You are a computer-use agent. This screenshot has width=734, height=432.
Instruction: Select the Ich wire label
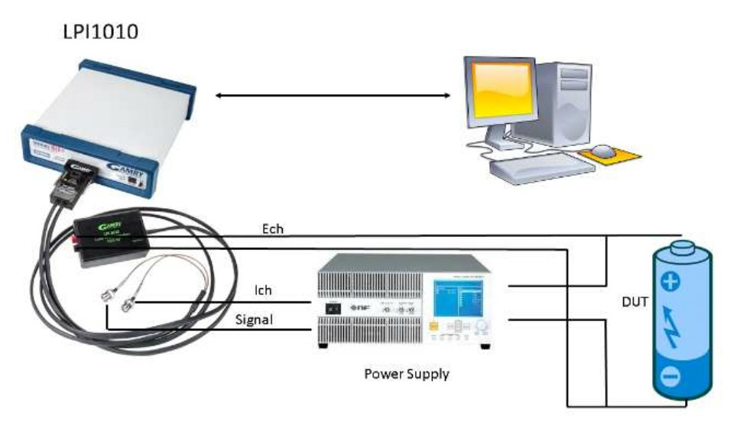coord(263,291)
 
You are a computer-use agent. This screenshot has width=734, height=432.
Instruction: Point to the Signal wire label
coord(254,320)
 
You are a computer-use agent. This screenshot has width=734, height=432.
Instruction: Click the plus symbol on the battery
coord(670,283)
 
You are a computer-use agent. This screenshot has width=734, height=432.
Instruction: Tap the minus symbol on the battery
coord(670,376)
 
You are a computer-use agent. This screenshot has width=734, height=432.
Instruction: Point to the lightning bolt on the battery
coord(671,329)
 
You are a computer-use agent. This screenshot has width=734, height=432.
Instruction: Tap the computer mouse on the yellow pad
coord(604,149)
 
